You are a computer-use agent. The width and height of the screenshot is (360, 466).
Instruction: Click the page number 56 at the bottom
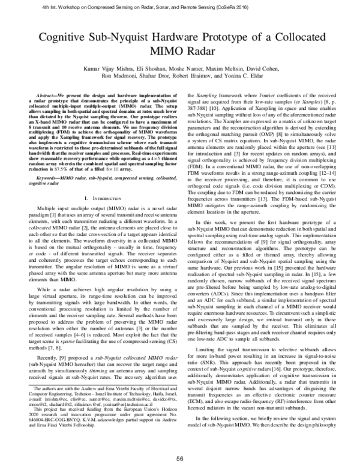tap(179, 458)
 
